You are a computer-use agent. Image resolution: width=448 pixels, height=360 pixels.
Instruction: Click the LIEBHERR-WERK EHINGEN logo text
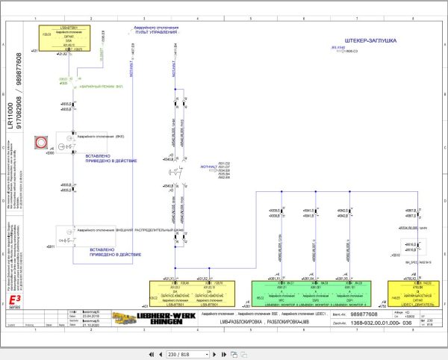[x=159, y=319]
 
